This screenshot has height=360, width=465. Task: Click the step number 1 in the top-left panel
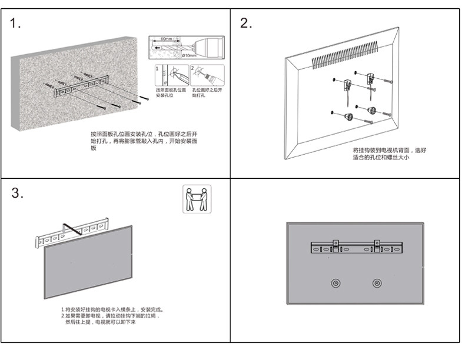coord(16,24)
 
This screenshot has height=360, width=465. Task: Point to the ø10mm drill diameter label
coord(189,55)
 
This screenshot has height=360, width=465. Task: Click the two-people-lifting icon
coord(197,198)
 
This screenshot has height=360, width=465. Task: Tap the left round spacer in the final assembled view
coord(335,284)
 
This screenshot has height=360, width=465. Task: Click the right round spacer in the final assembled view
coord(376,284)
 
